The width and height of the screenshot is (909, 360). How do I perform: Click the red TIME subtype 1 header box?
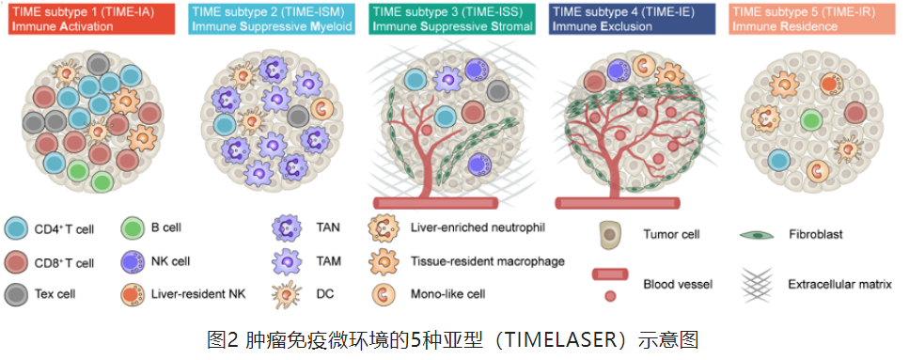point(91,19)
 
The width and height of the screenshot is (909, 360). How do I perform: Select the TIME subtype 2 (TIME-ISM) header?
point(272,19)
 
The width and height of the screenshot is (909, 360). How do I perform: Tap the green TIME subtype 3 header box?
point(451,19)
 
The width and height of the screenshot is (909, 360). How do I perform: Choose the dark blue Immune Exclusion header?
point(632,19)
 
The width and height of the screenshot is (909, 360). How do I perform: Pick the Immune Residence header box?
point(811,19)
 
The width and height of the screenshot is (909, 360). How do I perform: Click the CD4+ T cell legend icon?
point(16,229)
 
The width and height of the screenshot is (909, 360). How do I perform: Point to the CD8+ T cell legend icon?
point(16,262)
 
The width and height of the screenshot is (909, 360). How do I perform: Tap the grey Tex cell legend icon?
point(16,294)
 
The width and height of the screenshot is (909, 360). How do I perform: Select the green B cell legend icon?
point(133,228)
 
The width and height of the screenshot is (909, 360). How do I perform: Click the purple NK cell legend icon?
point(133,262)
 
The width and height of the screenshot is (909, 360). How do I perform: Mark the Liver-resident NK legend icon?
point(133,294)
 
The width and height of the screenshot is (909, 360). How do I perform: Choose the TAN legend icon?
point(286,227)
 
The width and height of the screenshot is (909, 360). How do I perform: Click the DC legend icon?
point(286,294)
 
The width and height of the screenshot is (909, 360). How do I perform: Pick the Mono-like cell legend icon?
point(384,294)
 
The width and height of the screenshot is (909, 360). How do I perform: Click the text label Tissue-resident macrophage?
point(487,261)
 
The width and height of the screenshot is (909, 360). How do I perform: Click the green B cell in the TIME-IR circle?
point(811,121)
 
